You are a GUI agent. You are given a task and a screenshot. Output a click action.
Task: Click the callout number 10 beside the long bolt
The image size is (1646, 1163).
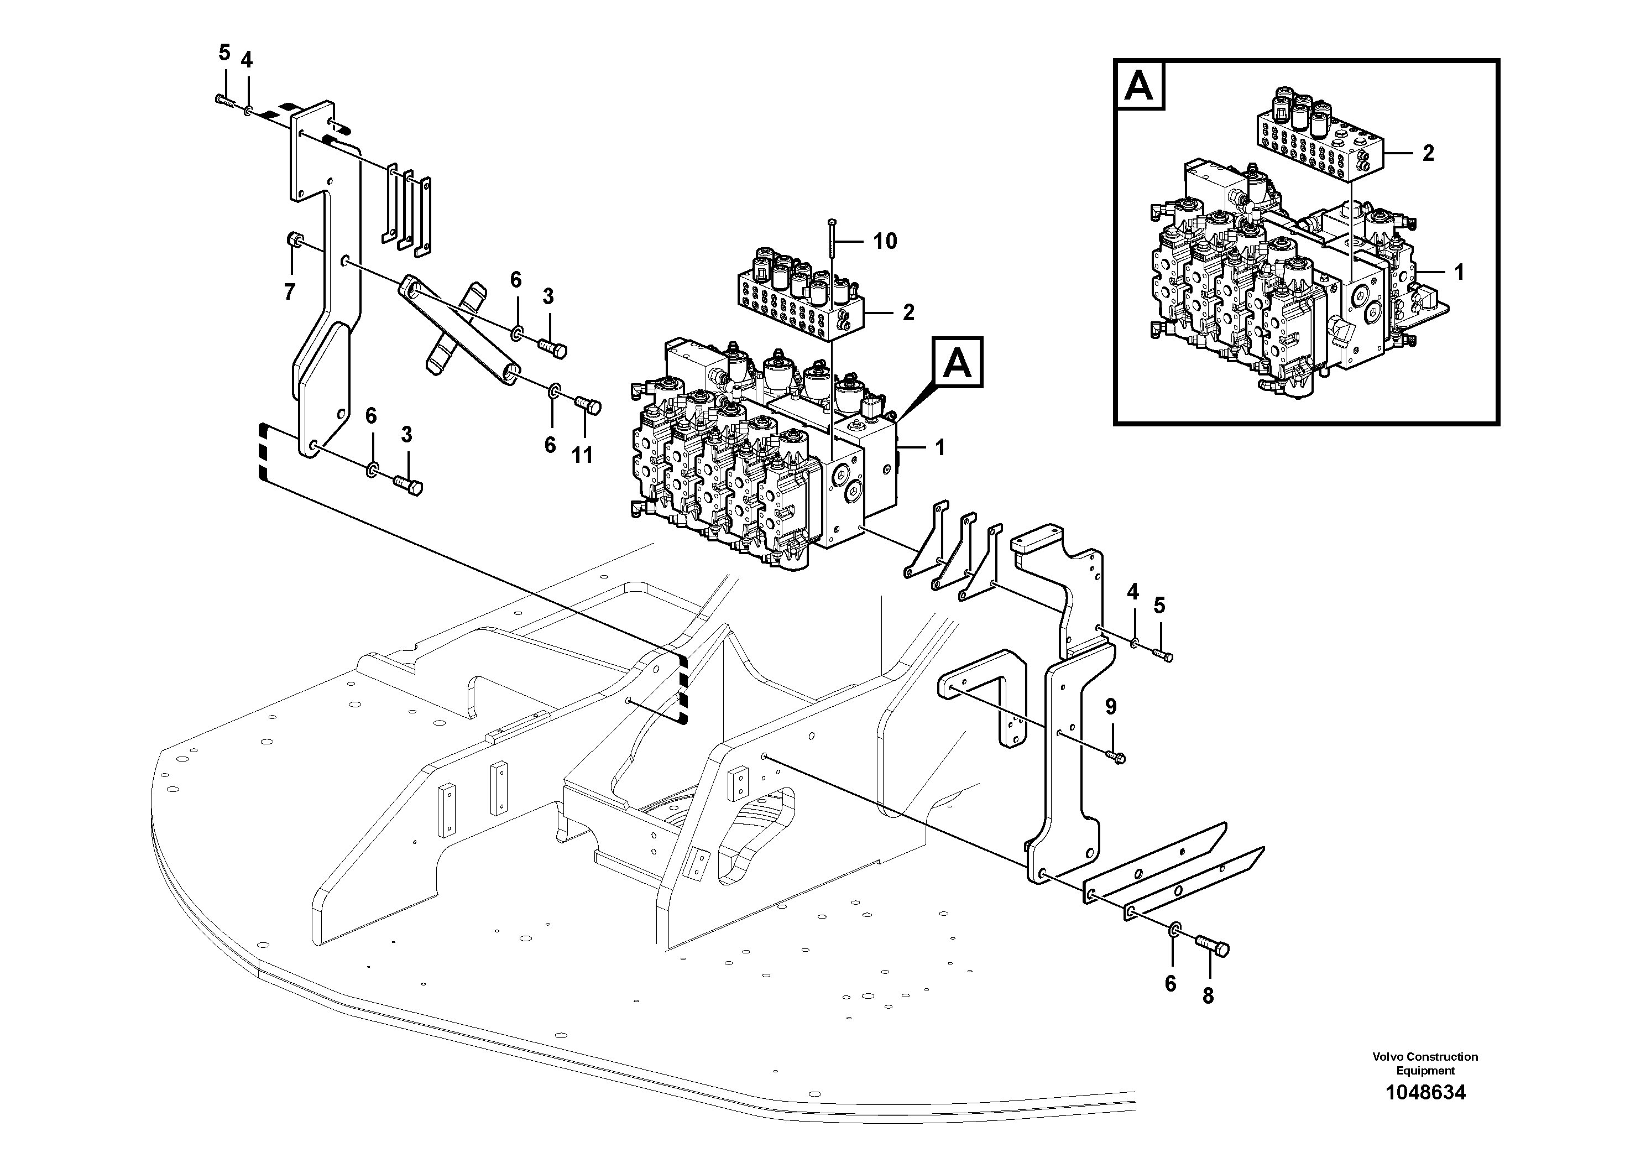[x=885, y=242]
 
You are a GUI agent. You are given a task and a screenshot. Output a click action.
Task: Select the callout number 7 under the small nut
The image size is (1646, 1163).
[x=290, y=292]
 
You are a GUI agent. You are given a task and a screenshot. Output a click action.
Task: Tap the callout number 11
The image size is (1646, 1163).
[x=582, y=455]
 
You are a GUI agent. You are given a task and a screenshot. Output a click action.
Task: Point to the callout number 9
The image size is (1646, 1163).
[x=1110, y=707]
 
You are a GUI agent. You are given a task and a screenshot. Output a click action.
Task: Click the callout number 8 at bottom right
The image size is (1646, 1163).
[x=1208, y=996]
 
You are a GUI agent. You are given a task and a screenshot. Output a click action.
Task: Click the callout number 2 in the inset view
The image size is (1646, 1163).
[x=1428, y=153]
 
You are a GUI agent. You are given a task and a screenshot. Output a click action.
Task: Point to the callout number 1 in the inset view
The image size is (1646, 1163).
[x=1458, y=273]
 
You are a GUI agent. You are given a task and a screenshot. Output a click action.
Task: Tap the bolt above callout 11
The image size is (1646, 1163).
[x=589, y=406]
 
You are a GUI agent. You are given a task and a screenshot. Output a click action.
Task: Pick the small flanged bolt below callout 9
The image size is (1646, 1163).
[x=1116, y=756]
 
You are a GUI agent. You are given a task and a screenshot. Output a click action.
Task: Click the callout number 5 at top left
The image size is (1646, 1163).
[x=224, y=53]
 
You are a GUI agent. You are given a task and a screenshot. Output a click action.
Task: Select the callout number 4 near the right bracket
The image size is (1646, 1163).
[x=1133, y=592]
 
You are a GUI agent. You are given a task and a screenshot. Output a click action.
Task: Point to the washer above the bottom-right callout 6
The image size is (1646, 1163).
[x=1174, y=931]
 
